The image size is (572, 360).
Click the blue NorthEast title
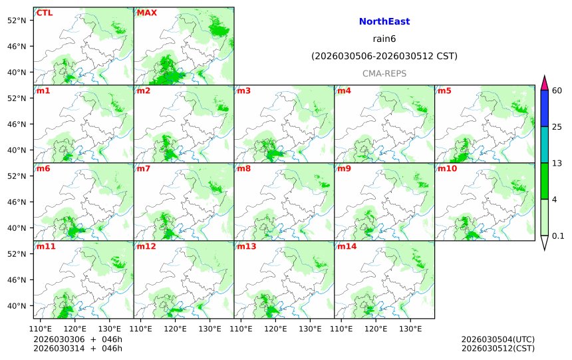point(384,22)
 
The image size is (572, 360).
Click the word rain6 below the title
point(384,39)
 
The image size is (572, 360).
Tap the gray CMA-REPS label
point(384,73)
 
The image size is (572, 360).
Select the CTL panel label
point(45,13)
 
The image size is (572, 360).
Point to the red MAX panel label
point(147,13)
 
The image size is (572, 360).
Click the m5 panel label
point(444,91)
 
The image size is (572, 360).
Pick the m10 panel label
point(447,169)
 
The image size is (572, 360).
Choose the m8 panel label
point(244,169)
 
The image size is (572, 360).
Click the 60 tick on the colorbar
point(557,90)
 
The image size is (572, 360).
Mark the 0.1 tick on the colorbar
point(558,236)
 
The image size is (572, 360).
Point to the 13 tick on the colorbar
point(557,163)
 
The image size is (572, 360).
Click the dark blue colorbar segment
point(545,108)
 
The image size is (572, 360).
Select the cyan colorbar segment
point(545,144)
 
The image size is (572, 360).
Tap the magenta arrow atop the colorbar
point(545,83)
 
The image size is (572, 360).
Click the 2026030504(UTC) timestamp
point(498,339)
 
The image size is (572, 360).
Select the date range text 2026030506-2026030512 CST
point(384,57)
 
